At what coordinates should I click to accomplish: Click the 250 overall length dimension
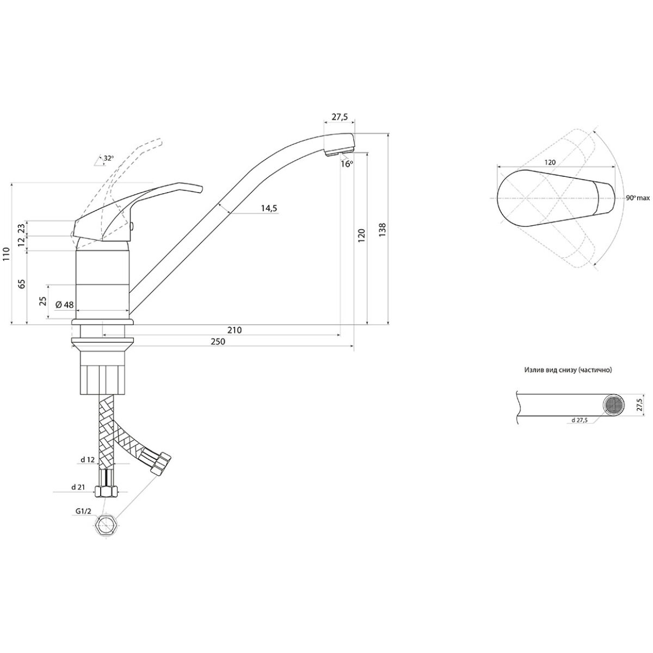[218, 342]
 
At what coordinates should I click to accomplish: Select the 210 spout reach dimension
[235, 330]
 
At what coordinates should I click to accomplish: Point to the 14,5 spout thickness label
[269, 208]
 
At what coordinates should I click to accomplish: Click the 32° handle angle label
[109, 158]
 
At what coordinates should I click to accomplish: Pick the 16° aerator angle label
[347, 164]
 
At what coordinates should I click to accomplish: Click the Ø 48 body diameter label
[64, 305]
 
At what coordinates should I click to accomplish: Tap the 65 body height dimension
[22, 284]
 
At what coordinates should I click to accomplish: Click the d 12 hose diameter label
[88, 460]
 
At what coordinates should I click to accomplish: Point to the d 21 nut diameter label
[78, 487]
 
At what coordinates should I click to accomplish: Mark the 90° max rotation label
[637, 198]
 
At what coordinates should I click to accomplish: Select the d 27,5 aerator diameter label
[579, 420]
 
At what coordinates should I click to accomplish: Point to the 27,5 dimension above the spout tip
[340, 117]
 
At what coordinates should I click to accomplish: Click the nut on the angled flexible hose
[161, 463]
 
